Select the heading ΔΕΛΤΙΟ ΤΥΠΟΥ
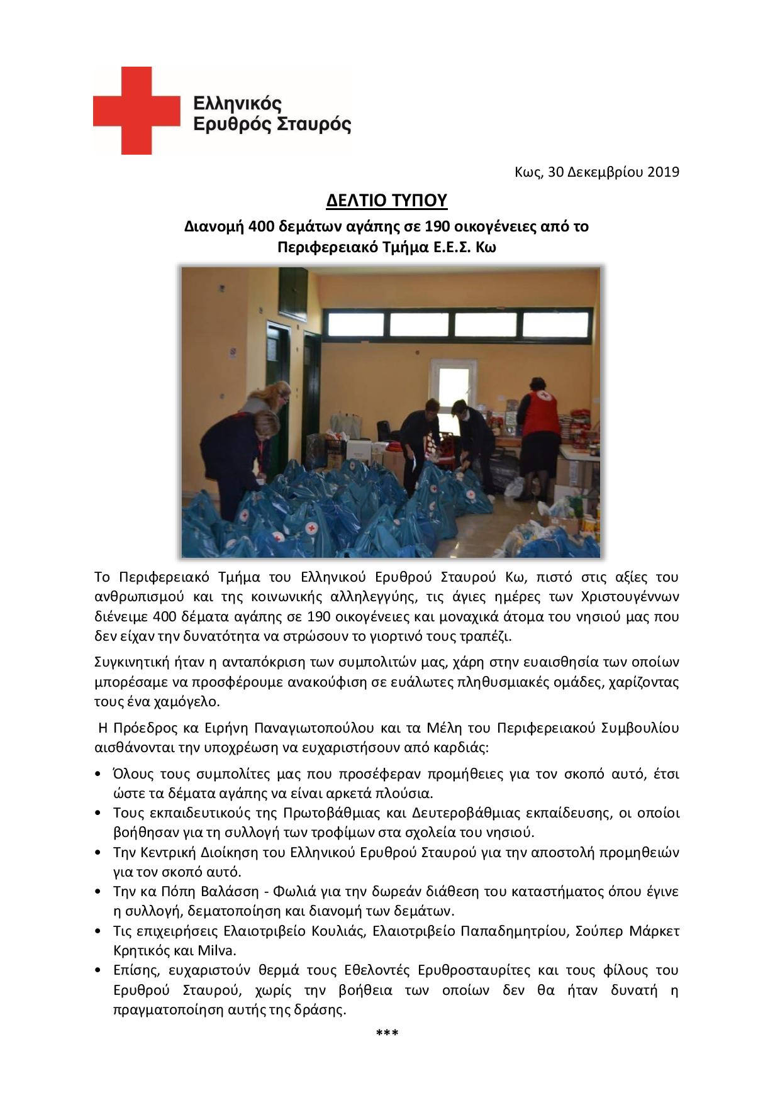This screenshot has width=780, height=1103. (386, 201)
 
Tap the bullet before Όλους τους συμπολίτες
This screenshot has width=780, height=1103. (97, 774)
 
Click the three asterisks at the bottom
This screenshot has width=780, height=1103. (387, 1033)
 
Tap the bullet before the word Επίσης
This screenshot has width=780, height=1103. (97, 970)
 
